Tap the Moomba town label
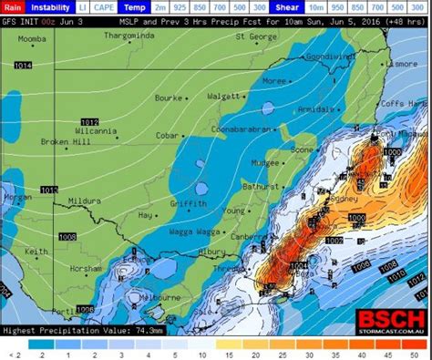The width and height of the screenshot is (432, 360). [32, 39]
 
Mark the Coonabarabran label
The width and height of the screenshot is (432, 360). [239, 129]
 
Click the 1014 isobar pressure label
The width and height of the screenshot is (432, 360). [24, 66]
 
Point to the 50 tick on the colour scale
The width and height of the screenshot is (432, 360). [417, 354]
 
